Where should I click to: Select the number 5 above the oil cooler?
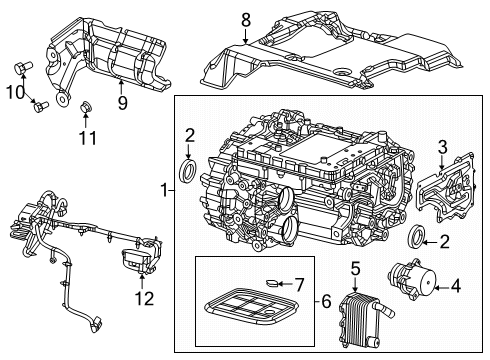point(354,267)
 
